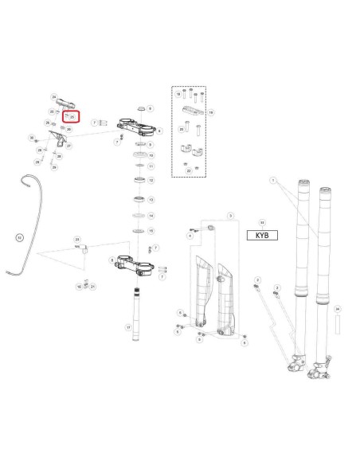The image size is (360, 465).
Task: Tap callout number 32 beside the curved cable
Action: (x=21, y=236)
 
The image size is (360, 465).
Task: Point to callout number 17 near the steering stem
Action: (x=128, y=327)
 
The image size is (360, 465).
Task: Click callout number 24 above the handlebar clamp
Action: (x=54, y=96)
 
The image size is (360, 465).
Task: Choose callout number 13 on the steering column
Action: (x=151, y=200)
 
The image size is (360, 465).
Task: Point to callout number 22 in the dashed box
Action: (x=188, y=170)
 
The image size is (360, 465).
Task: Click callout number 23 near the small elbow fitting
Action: (x=77, y=238)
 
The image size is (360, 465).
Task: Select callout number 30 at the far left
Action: (x=32, y=138)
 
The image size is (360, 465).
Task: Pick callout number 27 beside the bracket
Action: (x=69, y=146)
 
